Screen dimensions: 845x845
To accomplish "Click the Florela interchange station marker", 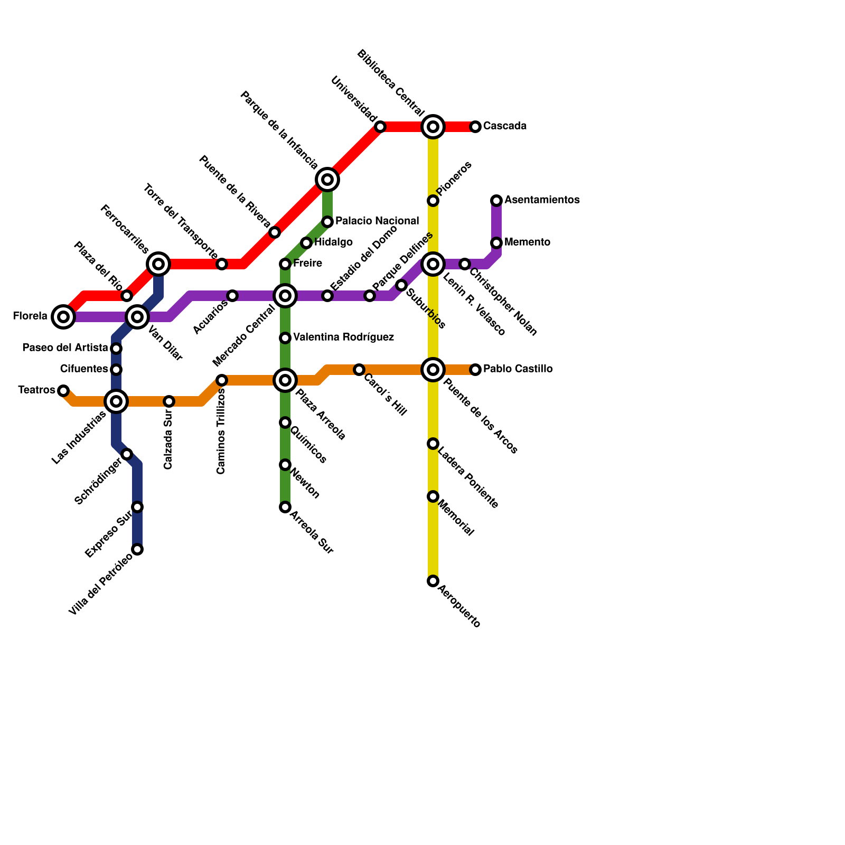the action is [63, 317].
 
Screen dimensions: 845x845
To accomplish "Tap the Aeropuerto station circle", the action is [433, 581].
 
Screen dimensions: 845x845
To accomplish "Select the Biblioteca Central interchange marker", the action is [433, 127].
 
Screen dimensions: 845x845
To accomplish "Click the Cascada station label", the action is [504, 126].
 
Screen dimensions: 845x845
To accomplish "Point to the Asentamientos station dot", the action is [496, 201].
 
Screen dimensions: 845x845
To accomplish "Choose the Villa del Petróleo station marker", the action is [137, 549].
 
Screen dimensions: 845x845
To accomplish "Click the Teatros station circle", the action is [63, 391].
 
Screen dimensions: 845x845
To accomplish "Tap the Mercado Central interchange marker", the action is [285, 296].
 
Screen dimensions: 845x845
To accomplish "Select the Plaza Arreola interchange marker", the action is [285, 380].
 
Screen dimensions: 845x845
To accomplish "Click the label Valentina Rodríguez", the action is [343, 337].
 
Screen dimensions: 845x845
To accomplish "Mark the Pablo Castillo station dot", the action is [475, 370].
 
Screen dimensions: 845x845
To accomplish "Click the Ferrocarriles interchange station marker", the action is [158, 264].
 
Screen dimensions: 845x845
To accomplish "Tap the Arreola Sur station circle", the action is [285, 507].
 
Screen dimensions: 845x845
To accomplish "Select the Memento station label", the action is [527, 242].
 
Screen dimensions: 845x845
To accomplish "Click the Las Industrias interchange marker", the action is [116, 401].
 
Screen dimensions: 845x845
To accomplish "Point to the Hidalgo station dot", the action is [306, 243].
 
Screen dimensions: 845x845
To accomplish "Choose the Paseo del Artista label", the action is [65, 348].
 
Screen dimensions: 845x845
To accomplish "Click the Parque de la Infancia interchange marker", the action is [327, 180].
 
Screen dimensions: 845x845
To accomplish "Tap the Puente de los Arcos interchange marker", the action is [433, 370].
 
